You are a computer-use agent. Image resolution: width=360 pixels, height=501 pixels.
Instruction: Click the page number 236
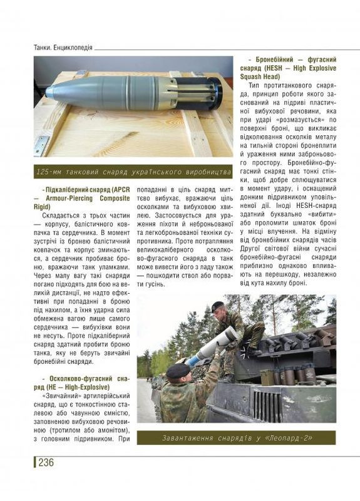(46, 463)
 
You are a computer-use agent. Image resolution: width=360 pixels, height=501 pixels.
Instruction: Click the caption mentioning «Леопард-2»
(237, 437)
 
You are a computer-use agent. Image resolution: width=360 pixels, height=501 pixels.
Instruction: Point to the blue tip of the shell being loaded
(191, 361)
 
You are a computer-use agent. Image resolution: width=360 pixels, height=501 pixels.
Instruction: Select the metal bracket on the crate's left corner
(41, 145)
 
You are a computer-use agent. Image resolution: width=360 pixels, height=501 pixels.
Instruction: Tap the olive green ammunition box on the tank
(267, 377)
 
